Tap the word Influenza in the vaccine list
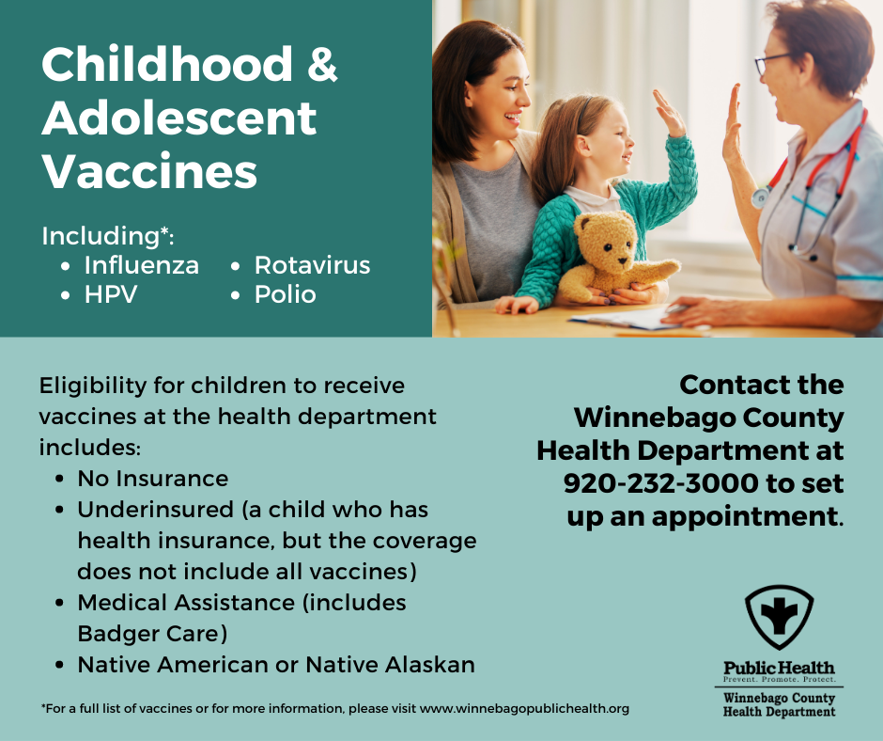141,265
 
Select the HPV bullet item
111,294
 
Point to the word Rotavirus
312,265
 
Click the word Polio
285,294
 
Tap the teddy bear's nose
622,260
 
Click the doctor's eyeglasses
772,63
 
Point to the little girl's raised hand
669,113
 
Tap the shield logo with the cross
779,617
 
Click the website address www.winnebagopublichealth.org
524,708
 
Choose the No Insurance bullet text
152,479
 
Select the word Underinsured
155,510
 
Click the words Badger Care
152,633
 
